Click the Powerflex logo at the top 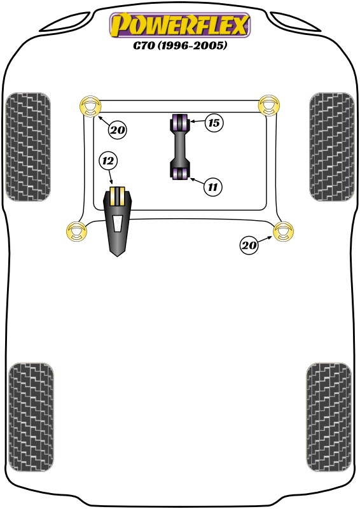click(x=180, y=25)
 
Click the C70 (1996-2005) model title click(x=180, y=45)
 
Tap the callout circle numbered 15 click(x=214, y=123)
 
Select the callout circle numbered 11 click(x=212, y=187)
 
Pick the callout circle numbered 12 click(x=108, y=161)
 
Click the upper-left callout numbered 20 click(x=117, y=130)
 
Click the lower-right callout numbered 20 click(x=249, y=245)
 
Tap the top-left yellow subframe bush click(x=90, y=106)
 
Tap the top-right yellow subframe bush click(x=269, y=105)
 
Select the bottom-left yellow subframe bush click(x=76, y=232)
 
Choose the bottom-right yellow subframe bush click(x=284, y=232)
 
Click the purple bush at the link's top click(x=179, y=122)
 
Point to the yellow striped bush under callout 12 click(x=118, y=196)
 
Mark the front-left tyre click(x=28, y=147)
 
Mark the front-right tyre click(x=332, y=147)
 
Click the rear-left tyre click(x=31, y=417)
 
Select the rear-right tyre click(x=328, y=417)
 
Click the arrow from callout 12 click(x=111, y=178)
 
